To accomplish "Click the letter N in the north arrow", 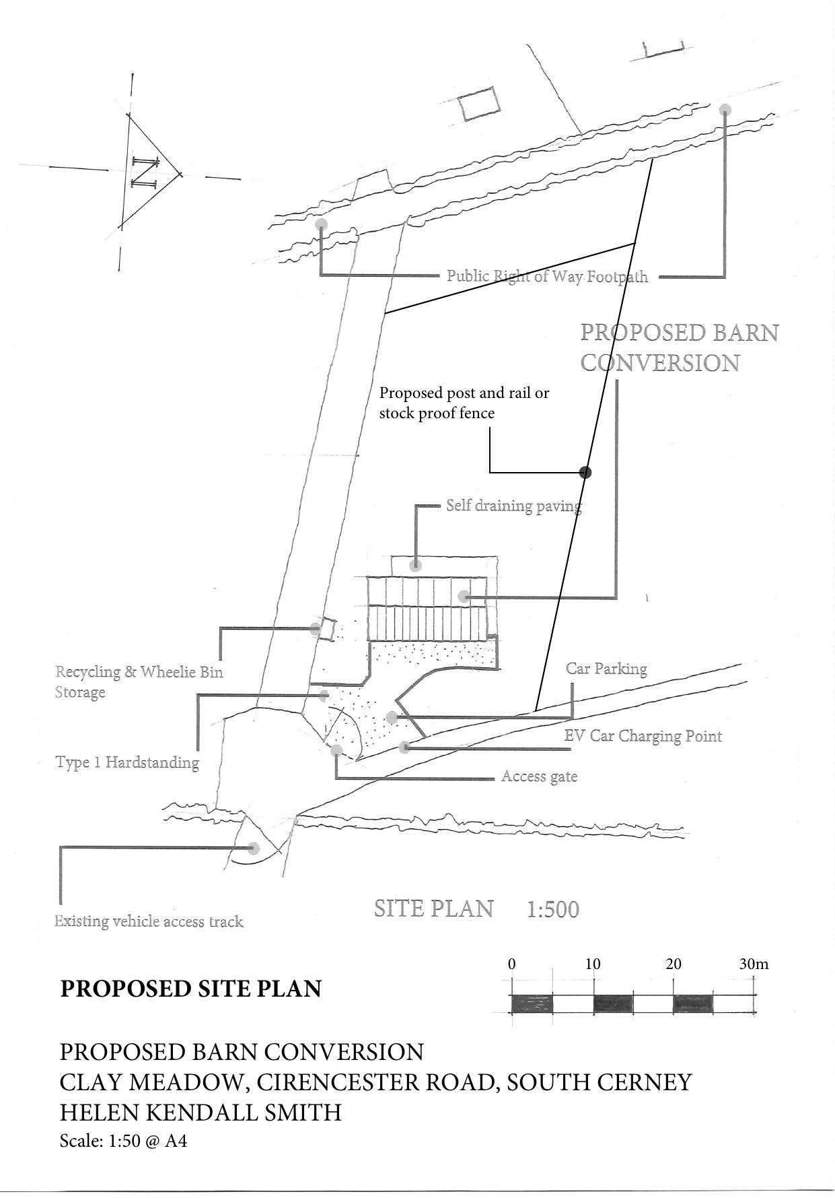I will (143, 172).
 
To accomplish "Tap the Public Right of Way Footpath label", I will (547, 276).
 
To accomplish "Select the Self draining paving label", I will (513, 506).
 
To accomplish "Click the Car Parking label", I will (606, 669).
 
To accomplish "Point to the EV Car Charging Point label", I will (643, 735).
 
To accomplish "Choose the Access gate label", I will (539, 776).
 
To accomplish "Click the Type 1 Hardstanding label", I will (127, 762).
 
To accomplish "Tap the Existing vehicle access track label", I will (149, 921).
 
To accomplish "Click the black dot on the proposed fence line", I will (585, 472).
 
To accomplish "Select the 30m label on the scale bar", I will (754, 964).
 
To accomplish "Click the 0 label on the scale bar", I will (512, 964).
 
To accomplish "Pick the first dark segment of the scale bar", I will (532, 1003).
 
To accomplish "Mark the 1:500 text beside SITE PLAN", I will (552, 910).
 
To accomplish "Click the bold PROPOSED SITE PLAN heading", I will (191, 989).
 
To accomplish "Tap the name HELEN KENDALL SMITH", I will (201, 1112).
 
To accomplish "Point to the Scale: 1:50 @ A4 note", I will (123, 1141).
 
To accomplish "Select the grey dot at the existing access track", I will (254, 848).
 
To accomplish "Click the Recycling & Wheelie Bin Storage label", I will (139, 681).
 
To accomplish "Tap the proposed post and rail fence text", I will (464, 403).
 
